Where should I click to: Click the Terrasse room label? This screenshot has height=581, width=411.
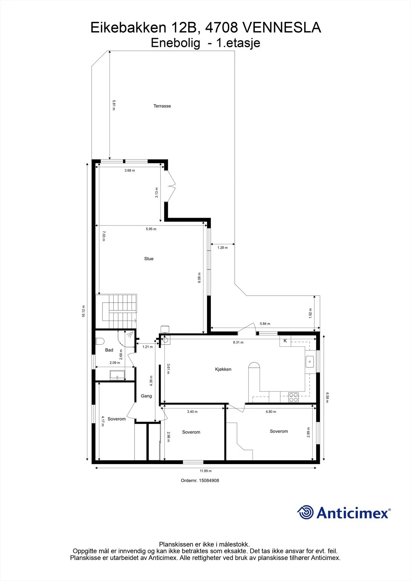(162, 106)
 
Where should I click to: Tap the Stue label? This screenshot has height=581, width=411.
(149, 259)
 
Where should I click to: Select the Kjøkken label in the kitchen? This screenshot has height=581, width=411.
(223, 369)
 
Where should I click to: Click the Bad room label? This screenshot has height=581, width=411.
(109, 350)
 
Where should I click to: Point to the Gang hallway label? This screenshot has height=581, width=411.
(146, 396)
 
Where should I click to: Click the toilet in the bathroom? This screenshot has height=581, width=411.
(100, 341)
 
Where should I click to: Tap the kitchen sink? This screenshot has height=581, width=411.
(310, 362)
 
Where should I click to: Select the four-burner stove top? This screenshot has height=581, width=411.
(293, 397)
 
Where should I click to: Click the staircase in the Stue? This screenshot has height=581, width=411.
(116, 311)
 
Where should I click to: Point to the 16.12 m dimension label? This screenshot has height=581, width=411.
(83, 311)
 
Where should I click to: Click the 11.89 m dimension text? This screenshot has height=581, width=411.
(206, 471)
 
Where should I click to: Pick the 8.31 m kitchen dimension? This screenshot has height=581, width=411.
(238, 342)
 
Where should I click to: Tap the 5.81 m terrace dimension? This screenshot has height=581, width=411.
(114, 105)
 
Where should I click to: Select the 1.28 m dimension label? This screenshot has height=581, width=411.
(222, 248)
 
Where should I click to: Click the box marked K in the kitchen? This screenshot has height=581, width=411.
(285, 341)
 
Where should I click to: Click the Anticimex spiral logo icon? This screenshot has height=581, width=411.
(305, 512)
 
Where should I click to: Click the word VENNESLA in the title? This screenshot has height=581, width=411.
(282, 28)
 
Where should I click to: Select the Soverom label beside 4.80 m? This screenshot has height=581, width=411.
(279, 431)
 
